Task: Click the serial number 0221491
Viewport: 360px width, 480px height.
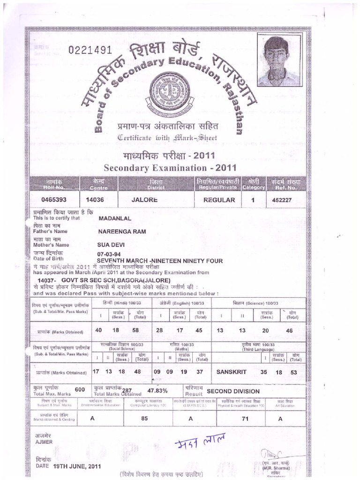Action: pyautogui.click(x=90, y=50)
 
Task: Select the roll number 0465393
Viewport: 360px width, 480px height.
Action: pyautogui.click(x=54, y=200)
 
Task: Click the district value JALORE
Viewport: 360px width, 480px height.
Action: pyautogui.click(x=144, y=200)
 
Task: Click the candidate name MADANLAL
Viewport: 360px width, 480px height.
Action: pyautogui.click(x=114, y=218)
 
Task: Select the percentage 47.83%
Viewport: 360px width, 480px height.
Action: pyautogui.click(x=157, y=390)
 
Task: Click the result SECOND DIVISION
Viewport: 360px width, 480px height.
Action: pyautogui.click(x=233, y=391)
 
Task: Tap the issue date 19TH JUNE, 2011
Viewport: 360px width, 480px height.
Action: pyautogui.click(x=77, y=466)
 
